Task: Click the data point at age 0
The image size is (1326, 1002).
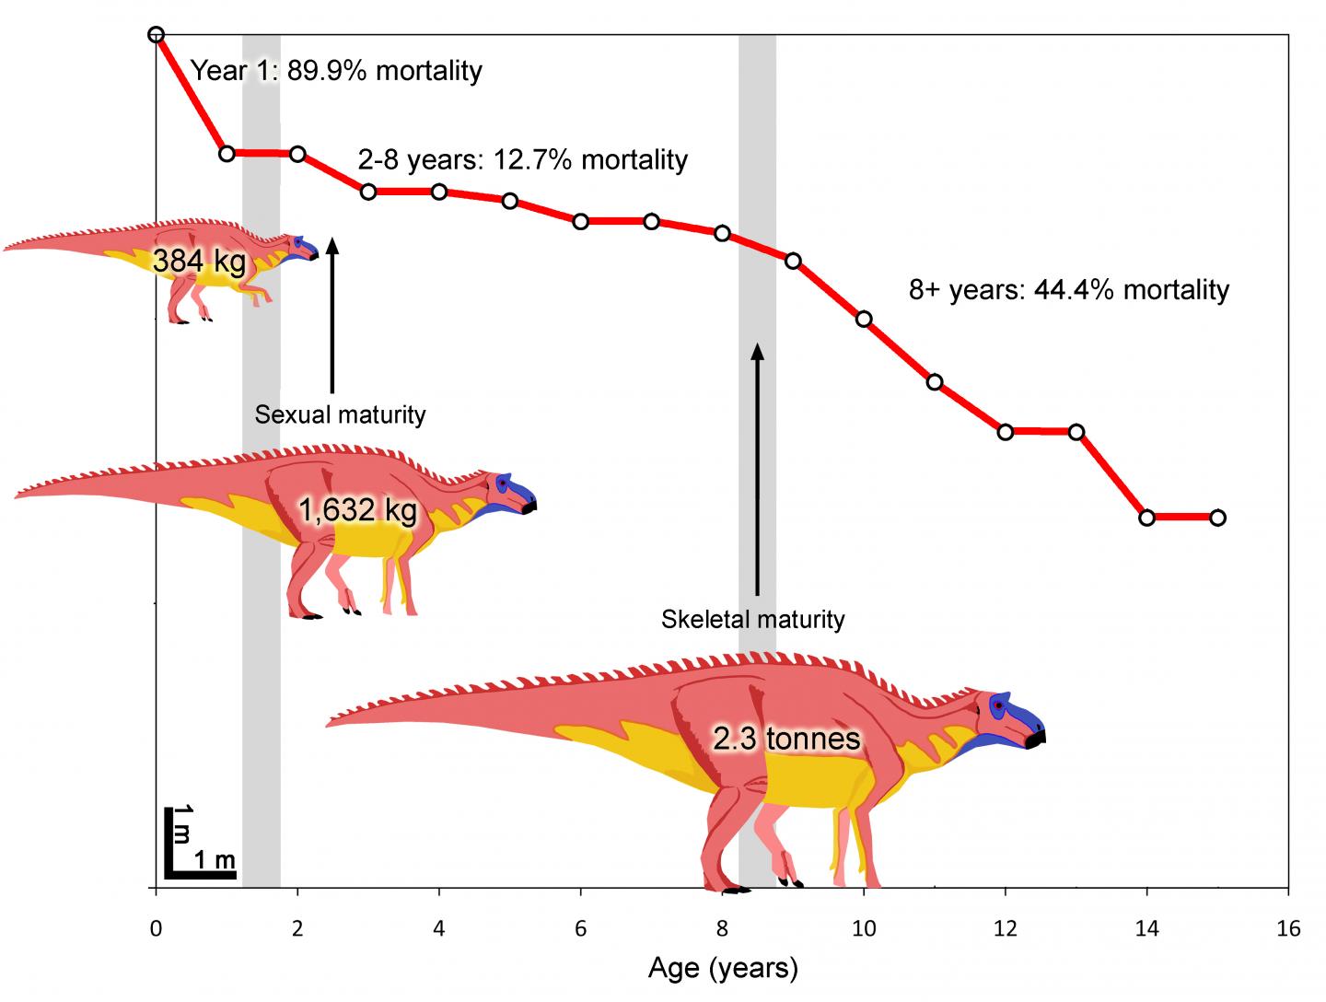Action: (156, 35)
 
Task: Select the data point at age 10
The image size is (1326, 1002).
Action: (864, 320)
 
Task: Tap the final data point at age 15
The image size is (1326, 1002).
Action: (1217, 518)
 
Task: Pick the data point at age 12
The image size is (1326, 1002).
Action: (1006, 431)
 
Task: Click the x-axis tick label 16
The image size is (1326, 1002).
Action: (1288, 929)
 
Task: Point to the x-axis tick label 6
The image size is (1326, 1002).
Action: (581, 929)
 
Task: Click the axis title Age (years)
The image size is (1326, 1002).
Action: (723, 968)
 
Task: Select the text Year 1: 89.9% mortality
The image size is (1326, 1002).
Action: (336, 71)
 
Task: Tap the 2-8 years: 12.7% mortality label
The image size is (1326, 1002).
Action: (522, 160)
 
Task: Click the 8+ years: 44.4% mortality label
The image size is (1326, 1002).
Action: (1069, 290)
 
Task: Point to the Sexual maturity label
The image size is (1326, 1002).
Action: (340, 414)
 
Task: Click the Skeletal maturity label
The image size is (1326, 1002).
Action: (752, 619)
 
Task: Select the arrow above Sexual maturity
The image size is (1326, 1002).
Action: (332, 313)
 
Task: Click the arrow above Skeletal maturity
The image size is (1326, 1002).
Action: (757, 470)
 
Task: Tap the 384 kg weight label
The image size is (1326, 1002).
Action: (199, 262)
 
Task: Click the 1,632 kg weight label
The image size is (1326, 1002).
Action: (357, 510)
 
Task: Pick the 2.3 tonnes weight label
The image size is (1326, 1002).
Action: (786, 738)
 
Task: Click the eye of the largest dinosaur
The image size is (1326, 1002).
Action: (997, 705)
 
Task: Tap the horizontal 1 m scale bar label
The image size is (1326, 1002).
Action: (215, 861)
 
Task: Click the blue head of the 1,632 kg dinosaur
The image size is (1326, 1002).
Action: (514, 493)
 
